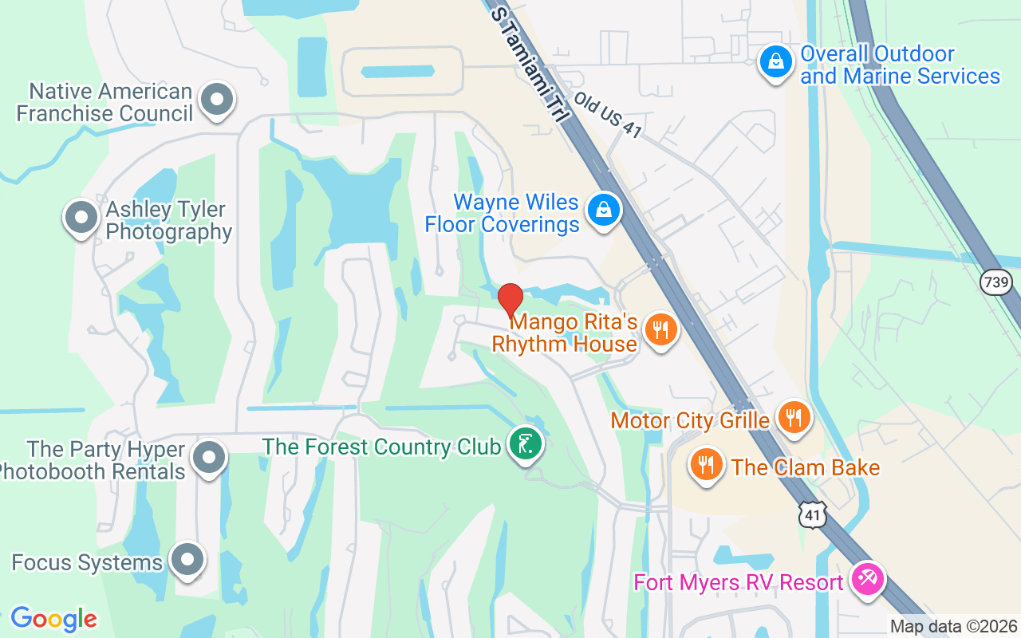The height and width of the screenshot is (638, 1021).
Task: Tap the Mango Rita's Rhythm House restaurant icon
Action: (x=660, y=328)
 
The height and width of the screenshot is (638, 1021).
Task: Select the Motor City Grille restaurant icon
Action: (x=793, y=417)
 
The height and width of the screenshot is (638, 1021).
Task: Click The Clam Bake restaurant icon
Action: (x=706, y=464)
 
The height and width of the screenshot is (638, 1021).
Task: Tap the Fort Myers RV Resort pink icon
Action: (x=866, y=577)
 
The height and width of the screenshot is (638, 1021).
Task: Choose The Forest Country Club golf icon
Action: (x=526, y=443)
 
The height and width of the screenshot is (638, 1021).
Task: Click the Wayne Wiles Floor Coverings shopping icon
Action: (x=604, y=211)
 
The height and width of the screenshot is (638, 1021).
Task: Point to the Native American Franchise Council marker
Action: (x=215, y=100)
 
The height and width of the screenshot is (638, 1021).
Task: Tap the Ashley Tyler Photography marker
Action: (x=81, y=217)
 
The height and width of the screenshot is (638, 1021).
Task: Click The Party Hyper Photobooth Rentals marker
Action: (x=210, y=458)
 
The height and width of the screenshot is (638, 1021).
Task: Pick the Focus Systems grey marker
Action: (x=187, y=559)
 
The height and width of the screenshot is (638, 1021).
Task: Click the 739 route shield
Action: (x=997, y=282)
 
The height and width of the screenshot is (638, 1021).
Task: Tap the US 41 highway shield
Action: (x=812, y=515)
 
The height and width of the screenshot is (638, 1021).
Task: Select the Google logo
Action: (x=53, y=618)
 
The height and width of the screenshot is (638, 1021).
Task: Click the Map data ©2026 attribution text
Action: (x=953, y=627)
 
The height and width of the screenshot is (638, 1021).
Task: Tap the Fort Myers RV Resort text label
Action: (x=738, y=582)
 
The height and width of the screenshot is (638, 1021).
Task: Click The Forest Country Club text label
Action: (x=381, y=447)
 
